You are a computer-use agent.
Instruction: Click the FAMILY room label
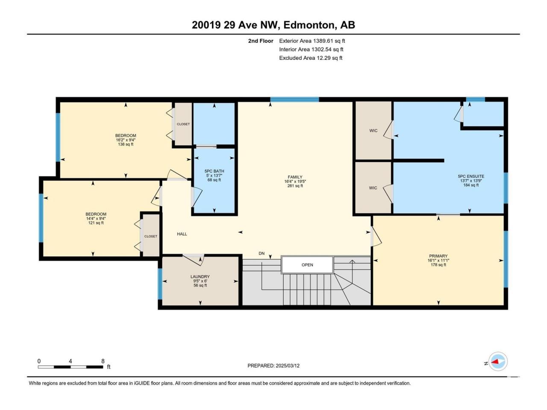295,177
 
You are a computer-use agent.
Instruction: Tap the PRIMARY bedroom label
438,256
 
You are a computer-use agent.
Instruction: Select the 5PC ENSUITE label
471,176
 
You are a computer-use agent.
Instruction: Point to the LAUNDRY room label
200,277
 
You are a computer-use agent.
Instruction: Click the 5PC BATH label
215,171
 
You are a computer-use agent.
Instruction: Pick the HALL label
182,234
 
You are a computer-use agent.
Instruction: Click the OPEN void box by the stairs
307,265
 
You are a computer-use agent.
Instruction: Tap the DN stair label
262,253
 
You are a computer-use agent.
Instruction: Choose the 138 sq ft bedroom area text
126,144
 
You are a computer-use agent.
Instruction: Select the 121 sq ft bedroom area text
96,223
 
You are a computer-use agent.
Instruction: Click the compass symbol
498,361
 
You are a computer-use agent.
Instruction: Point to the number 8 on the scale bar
103,361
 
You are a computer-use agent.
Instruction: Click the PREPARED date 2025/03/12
287,366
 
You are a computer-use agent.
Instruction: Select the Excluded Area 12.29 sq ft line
311,58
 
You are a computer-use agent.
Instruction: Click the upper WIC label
373,131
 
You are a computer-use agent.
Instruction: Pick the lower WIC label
373,188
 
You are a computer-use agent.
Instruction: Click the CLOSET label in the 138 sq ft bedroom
183,124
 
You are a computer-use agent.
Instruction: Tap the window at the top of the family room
294,100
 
